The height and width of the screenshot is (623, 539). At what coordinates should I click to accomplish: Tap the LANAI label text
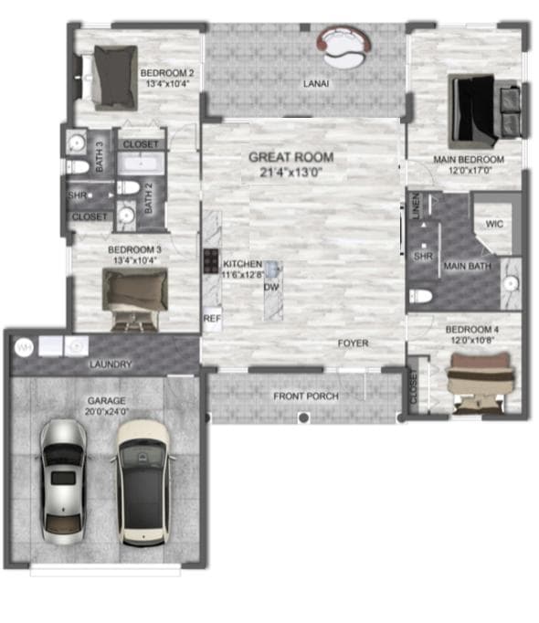pyautogui.click(x=316, y=84)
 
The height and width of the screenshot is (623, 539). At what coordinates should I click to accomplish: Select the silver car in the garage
pyautogui.click(x=62, y=476)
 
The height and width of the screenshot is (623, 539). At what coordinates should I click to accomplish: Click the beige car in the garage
pyautogui.click(x=143, y=479)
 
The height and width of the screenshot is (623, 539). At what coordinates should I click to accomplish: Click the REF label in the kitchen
pyautogui.click(x=211, y=319)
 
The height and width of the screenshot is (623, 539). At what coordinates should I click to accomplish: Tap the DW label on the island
pyautogui.click(x=270, y=287)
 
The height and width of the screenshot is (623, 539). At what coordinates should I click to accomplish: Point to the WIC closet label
pyautogui.click(x=494, y=223)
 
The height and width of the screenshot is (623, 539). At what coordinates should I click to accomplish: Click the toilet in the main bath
pyautogui.click(x=420, y=296)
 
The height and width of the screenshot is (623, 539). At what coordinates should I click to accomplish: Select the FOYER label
pyautogui.click(x=353, y=343)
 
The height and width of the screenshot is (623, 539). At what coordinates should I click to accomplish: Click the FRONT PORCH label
pyautogui.click(x=306, y=396)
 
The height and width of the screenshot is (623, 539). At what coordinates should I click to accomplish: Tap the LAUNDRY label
pyautogui.click(x=110, y=364)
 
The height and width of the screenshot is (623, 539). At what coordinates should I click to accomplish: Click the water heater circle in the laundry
pyautogui.click(x=23, y=346)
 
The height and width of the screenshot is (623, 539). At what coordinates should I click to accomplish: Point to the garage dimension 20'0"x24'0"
pyautogui.click(x=106, y=412)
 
